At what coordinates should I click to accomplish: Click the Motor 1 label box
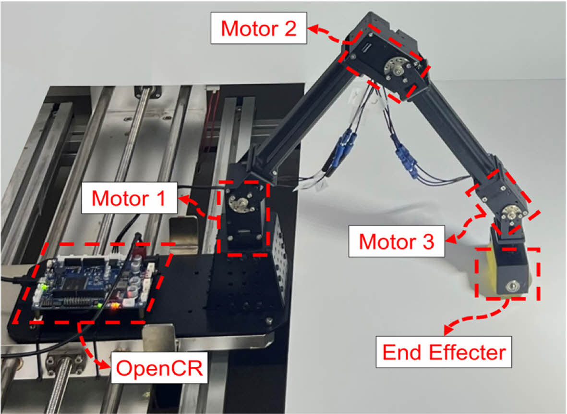coord(130,198)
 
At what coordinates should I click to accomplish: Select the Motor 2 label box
coord(259,28)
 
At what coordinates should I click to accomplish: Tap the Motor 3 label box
coord(396,241)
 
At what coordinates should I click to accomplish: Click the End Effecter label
coord(444,352)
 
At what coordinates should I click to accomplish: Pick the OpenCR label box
coord(159,368)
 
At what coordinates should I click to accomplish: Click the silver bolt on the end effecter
coord(511,287)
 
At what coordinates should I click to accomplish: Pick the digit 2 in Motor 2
coord(290,28)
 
